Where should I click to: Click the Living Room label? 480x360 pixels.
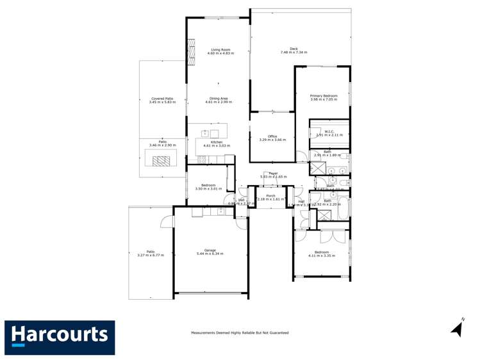point(220,49)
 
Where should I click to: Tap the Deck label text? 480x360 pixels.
point(294,49)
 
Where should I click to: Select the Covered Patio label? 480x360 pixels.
point(161,99)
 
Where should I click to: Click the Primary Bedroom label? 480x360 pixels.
point(323,95)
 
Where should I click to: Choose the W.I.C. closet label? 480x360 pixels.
point(329,131)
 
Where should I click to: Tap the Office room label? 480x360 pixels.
point(272,136)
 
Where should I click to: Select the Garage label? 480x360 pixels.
point(210,250)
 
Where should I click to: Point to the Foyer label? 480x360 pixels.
point(273,173)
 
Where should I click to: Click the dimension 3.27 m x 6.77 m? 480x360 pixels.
point(151,255)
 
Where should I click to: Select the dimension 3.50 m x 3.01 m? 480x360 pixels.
point(208,189)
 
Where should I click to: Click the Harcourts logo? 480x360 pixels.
point(60,336)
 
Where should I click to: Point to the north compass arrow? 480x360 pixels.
point(458,330)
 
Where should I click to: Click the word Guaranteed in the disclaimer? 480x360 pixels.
point(277,333)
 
